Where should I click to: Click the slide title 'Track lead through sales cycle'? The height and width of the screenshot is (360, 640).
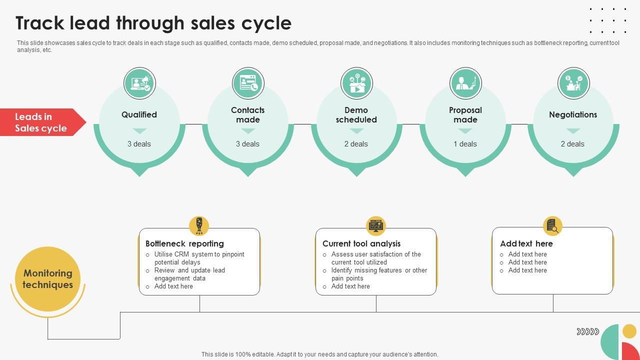(x=153, y=23)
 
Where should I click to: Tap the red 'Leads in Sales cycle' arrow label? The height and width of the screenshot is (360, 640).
(x=41, y=122)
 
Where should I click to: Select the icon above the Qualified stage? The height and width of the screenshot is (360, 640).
(x=139, y=83)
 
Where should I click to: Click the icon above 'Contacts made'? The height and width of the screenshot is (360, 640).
(x=248, y=83)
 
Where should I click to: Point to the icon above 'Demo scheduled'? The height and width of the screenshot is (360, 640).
(x=356, y=83)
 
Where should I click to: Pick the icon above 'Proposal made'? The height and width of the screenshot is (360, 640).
(x=465, y=83)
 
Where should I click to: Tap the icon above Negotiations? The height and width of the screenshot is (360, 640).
(x=573, y=83)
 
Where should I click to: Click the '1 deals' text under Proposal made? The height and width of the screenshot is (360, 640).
(x=465, y=144)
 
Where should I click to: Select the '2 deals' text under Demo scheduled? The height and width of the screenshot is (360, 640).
(x=356, y=144)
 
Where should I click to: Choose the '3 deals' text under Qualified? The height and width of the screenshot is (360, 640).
(x=139, y=144)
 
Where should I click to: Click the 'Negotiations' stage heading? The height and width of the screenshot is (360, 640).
(x=573, y=114)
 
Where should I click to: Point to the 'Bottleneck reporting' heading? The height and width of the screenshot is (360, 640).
(x=184, y=243)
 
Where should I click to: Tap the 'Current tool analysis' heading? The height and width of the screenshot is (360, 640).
(x=361, y=243)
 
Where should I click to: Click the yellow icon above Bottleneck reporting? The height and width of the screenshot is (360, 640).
(x=199, y=226)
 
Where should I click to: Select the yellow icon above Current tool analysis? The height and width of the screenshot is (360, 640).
(x=376, y=226)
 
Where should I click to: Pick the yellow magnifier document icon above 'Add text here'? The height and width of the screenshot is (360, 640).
(x=552, y=226)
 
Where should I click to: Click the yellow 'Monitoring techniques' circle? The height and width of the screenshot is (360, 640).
(x=48, y=279)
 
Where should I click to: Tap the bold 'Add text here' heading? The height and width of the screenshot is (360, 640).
(x=526, y=243)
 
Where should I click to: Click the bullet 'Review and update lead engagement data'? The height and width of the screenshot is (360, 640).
(x=189, y=274)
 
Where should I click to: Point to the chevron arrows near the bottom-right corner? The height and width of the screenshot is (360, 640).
(x=587, y=331)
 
